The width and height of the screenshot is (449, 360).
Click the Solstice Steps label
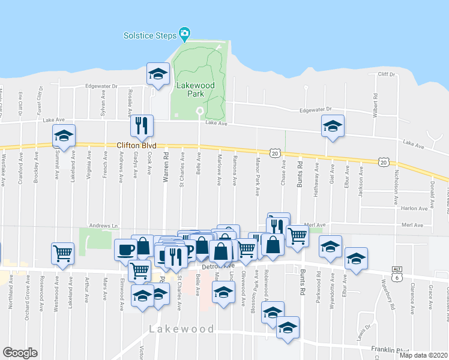point(150,35)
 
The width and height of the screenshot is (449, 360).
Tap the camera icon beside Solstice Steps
point(184,34)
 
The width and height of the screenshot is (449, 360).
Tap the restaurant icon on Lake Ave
point(142,125)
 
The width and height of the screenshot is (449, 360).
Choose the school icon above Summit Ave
point(64,134)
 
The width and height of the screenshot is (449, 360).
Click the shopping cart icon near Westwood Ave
point(62,253)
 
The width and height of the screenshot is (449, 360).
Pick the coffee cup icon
point(125,249)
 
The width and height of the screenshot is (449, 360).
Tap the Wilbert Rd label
point(376,104)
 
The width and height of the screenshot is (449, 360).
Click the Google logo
point(20,352)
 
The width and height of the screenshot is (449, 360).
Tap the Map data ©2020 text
point(423,355)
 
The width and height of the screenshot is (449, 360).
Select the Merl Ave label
point(318,224)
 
